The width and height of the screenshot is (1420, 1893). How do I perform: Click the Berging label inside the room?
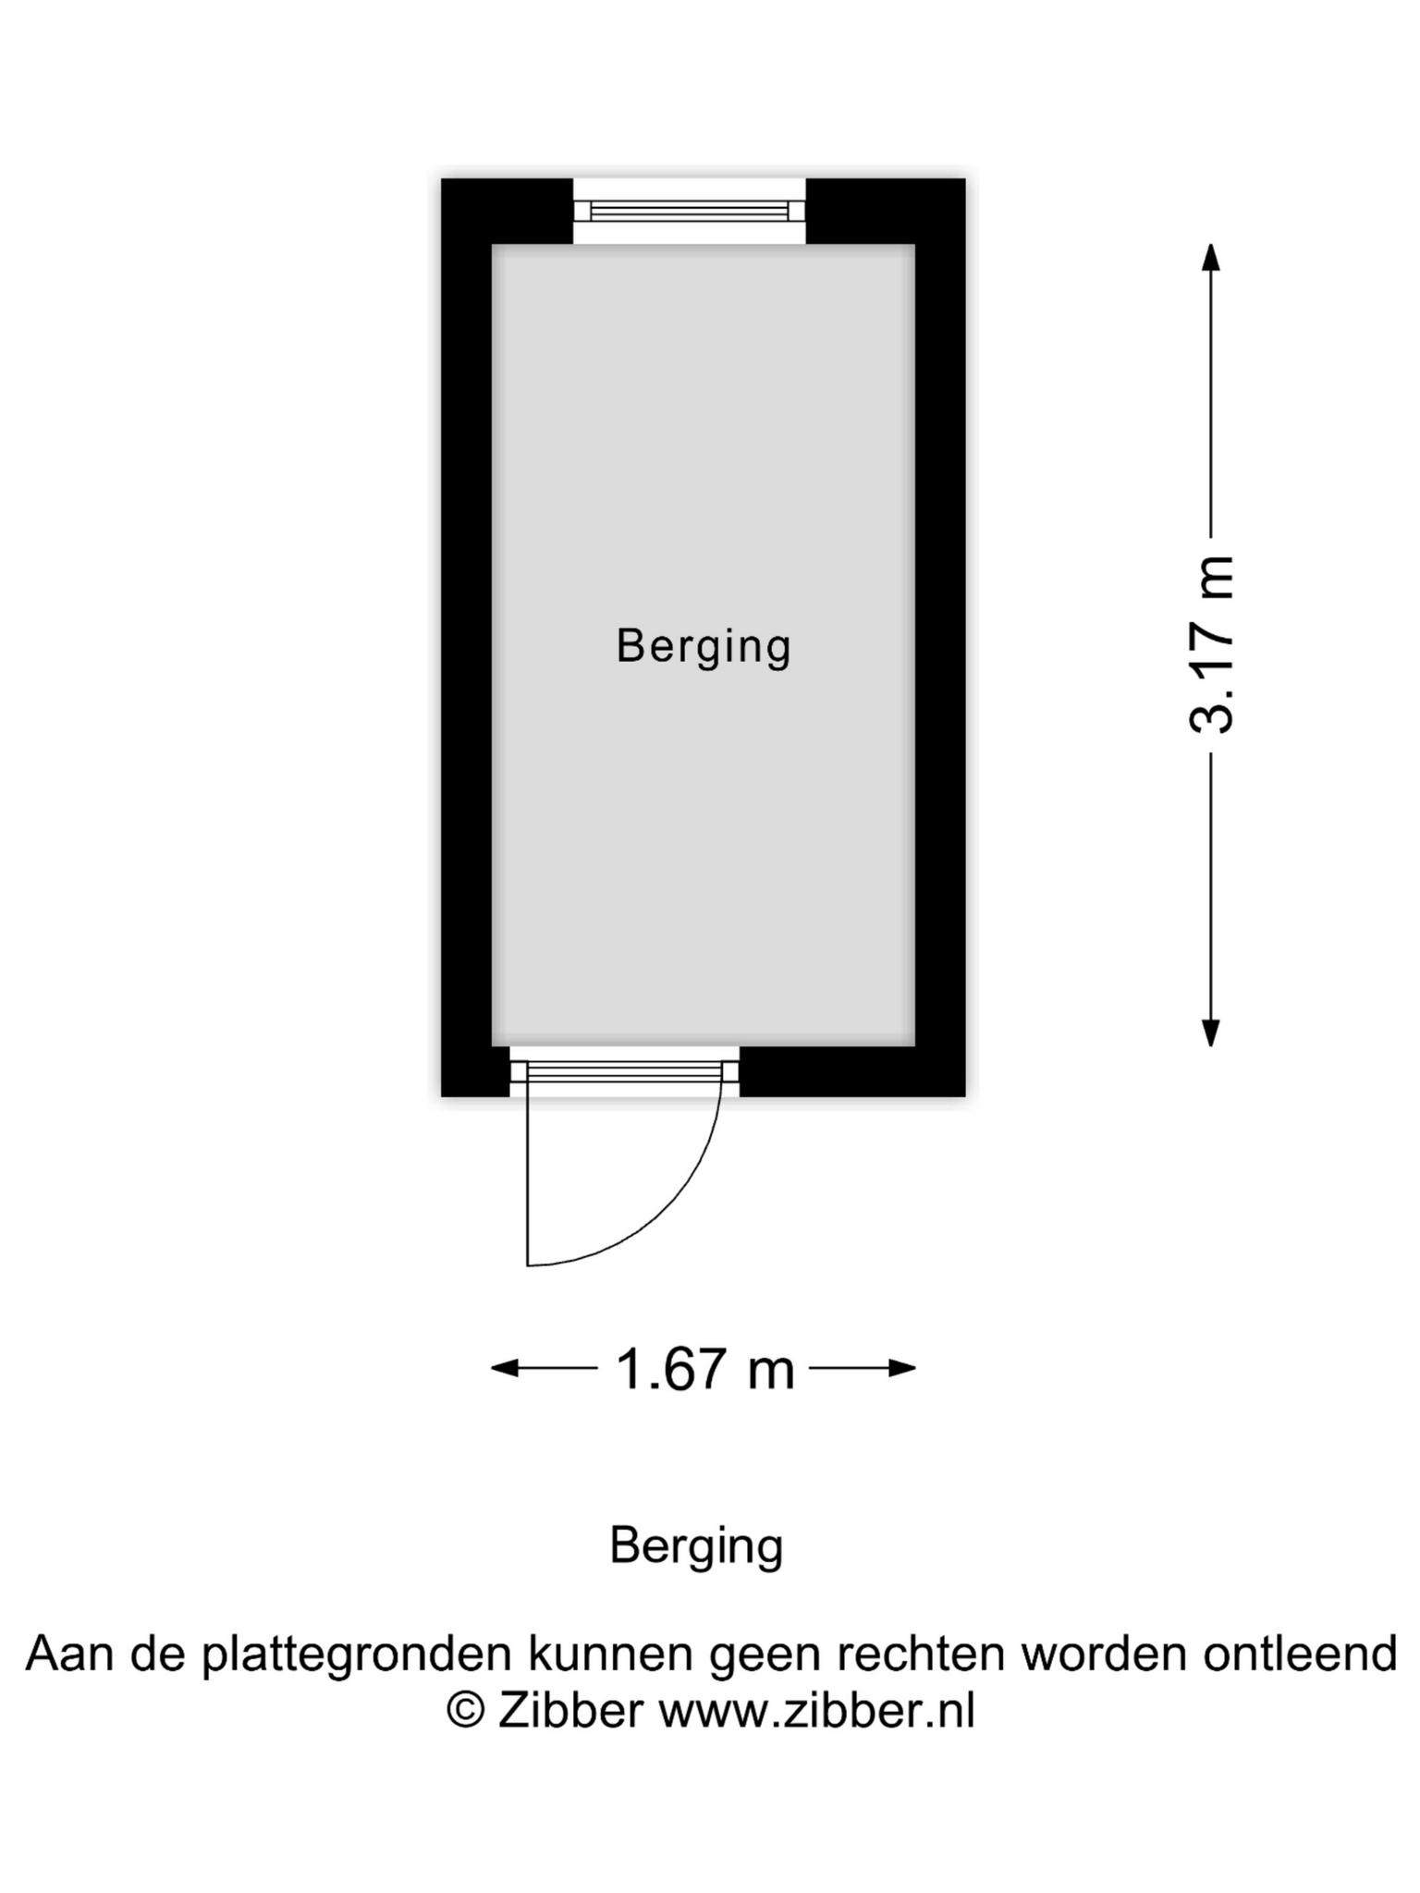click(704, 646)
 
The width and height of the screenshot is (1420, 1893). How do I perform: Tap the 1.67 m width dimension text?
click(704, 1369)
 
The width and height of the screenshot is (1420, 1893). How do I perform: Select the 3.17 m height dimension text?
click(1210, 644)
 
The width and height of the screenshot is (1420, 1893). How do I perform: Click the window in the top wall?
click(690, 211)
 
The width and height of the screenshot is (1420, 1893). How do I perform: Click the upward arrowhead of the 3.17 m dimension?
click(1210, 256)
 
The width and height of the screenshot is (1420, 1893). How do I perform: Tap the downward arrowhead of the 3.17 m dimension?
click(1210, 1033)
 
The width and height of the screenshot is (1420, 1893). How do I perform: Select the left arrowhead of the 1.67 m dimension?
click(505, 1368)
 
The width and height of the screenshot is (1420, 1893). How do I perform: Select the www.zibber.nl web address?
click(816, 1710)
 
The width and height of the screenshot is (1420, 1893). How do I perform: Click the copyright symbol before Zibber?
click(465, 1710)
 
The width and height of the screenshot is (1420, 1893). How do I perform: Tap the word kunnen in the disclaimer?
click(611, 1654)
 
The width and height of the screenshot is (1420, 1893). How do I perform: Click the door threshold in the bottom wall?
click(624, 1072)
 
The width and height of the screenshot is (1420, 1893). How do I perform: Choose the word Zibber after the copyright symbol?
click(569, 1710)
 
